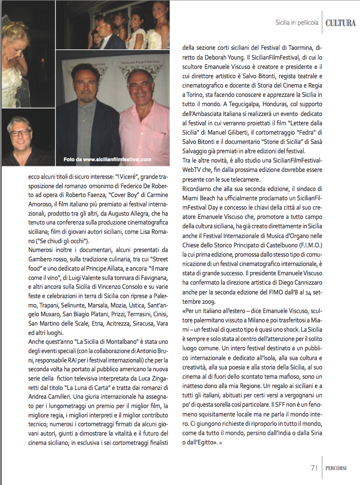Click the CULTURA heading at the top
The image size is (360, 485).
click(340, 23)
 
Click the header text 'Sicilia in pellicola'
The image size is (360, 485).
click(297, 23)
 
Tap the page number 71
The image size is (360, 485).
click(314, 467)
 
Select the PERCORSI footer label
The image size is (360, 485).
click(340, 468)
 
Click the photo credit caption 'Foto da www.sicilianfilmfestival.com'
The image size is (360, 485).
click(107, 159)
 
